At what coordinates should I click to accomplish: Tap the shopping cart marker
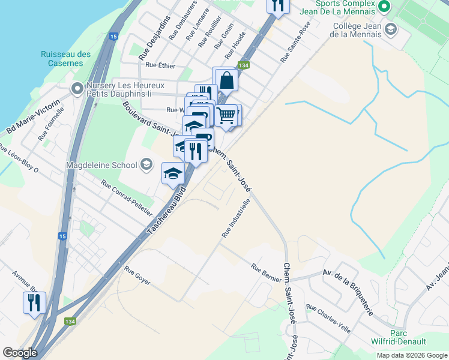pos(226,115)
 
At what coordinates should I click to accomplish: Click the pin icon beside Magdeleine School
pos(146,164)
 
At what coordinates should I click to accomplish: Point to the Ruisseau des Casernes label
pos(66,58)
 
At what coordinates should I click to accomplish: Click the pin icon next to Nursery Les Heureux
pos(77,89)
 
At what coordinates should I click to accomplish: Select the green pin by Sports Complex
pos(385,7)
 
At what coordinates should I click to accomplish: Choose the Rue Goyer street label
pos(137,275)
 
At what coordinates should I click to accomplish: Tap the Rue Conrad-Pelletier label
pos(127,199)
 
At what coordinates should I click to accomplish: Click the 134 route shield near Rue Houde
pos(243,65)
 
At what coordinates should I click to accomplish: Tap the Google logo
pos(20,353)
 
